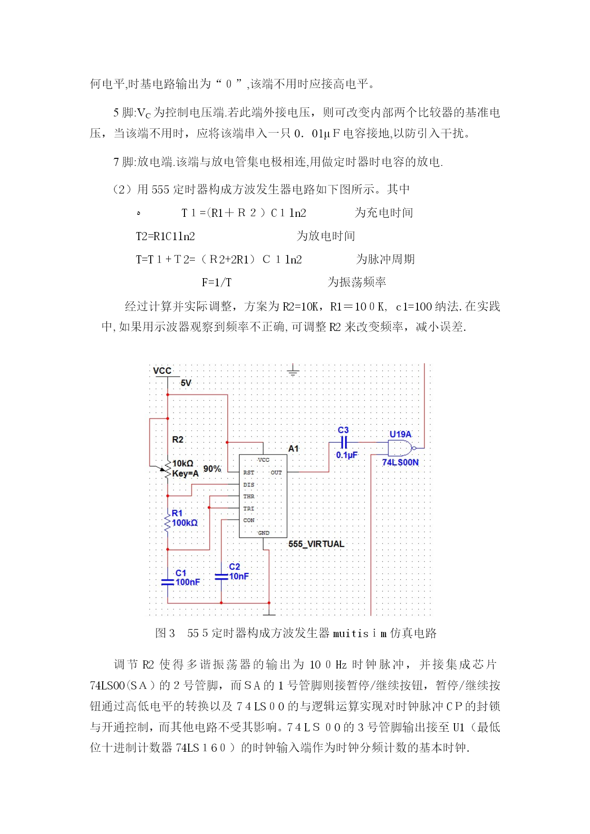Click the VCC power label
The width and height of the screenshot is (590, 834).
[162, 370]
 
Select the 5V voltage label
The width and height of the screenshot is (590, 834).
[186, 383]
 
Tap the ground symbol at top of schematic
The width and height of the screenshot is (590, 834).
[293, 370]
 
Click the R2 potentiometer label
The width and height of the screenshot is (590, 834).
[178, 439]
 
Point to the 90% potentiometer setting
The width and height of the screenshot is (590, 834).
[212, 469]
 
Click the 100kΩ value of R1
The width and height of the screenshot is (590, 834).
[184, 523]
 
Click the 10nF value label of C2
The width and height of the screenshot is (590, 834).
[239, 576]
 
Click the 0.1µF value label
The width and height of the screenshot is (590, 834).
[347, 455]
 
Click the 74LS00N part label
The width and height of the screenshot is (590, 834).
[400, 462]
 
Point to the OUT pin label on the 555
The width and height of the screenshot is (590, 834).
[276, 473]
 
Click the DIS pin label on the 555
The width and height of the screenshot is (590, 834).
[249, 485]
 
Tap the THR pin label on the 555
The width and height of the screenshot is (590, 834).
[249, 496]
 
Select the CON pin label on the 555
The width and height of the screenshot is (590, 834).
[249, 520]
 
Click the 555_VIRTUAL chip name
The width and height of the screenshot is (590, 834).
[316, 544]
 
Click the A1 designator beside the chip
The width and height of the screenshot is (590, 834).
[293, 448]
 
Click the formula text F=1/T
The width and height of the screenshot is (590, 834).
[217, 282]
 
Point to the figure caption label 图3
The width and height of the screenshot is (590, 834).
[165, 633]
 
